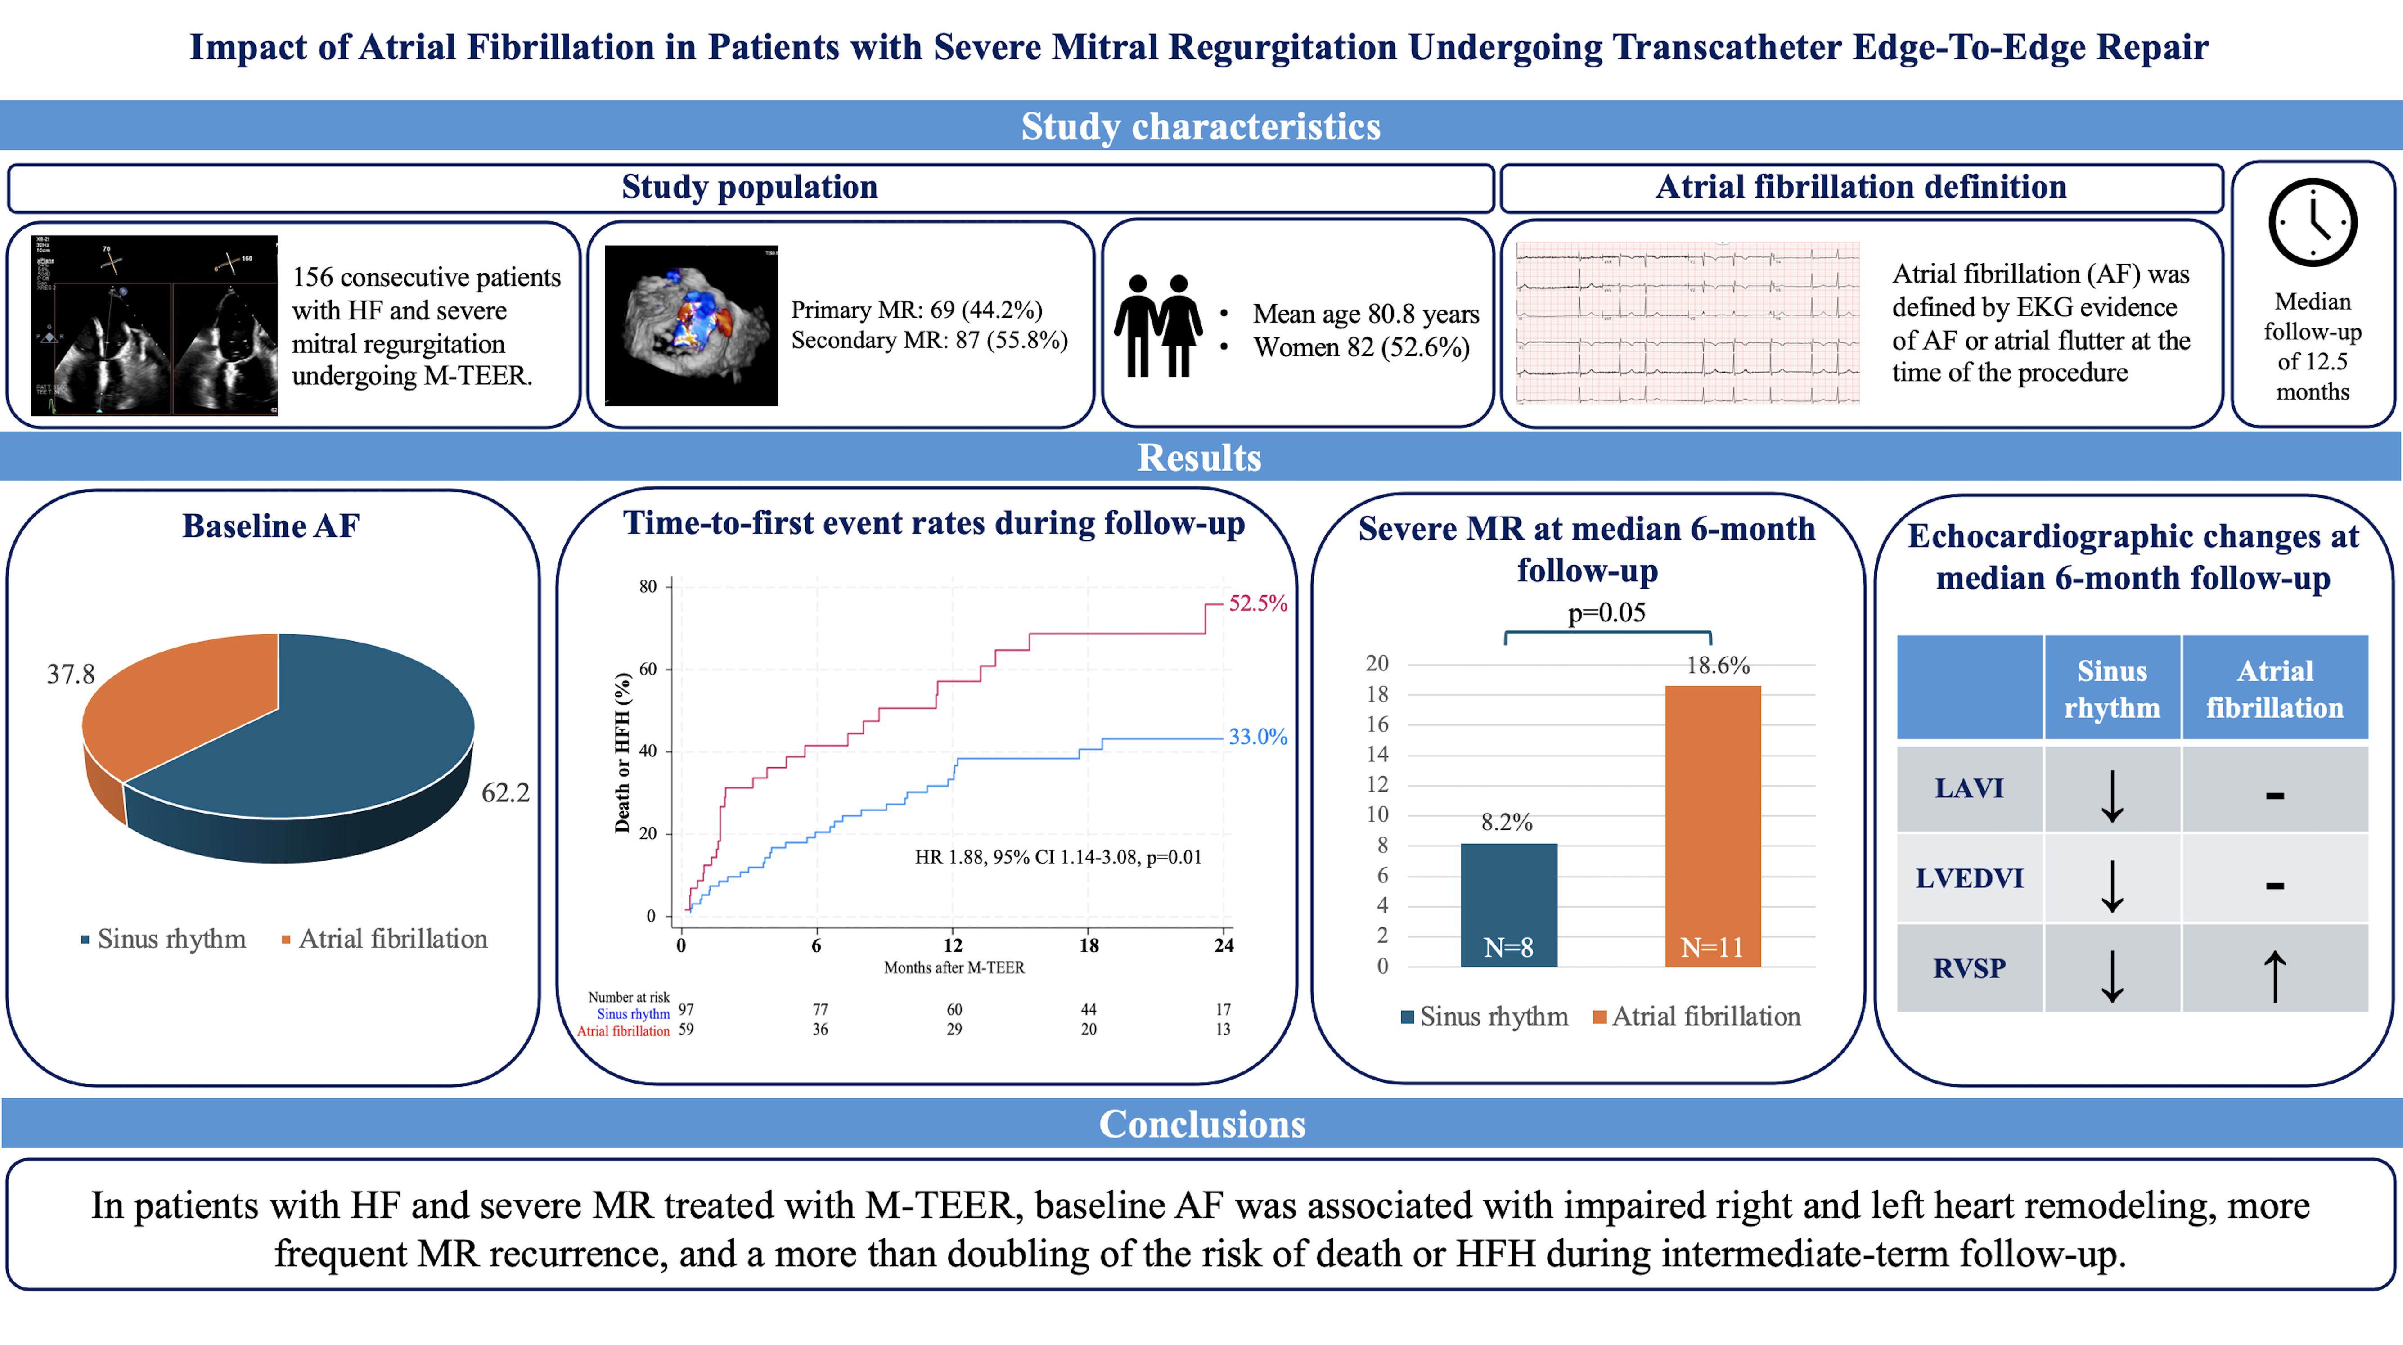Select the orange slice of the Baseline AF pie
pos(177,700)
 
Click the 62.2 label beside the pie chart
pos(504,793)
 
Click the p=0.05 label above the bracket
pos(1606,613)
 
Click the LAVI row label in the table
pos(1968,788)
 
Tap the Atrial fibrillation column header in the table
pos(2274,688)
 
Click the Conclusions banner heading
pos(1201,1124)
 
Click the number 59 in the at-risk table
pos(686,1030)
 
